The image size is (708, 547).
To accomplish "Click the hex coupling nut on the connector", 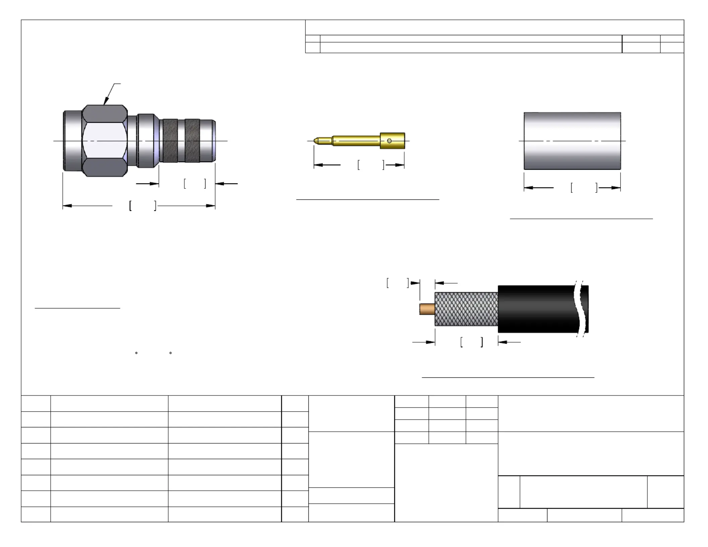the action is (105, 141).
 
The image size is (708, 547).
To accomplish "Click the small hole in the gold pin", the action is (389, 141).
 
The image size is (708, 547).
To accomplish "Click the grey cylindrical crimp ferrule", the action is (572, 141).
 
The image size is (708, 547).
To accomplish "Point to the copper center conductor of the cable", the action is (427, 309).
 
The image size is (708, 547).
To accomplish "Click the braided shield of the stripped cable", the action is (466, 309).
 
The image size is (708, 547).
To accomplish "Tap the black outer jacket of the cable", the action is (536, 309).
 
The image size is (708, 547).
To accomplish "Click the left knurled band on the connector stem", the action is (170, 141).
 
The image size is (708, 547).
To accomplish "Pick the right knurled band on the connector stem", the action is (192, 141).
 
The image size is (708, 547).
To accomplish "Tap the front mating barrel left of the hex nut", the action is (72, 141).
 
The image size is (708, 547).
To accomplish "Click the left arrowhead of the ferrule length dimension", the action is (529, 188).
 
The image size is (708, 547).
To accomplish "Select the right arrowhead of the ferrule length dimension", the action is (616, 188).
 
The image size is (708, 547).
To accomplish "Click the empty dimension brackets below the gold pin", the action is (371, 165).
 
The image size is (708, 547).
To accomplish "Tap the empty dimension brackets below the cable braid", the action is (472, 342).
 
